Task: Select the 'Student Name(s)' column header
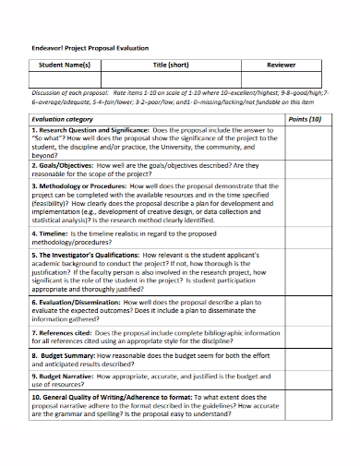point(64,66)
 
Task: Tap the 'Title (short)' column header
point(171,66)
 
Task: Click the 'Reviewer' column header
point(282,66)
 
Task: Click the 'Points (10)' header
point(306,120)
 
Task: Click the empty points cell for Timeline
point(306,239)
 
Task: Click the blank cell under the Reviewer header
point(282,81)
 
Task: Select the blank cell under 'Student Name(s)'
point(64,81)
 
